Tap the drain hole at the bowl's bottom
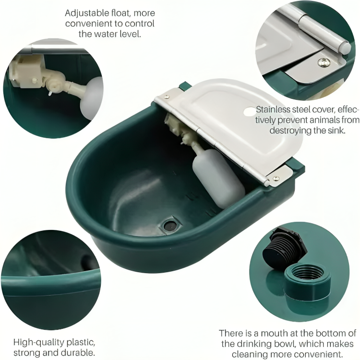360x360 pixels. [170, 226]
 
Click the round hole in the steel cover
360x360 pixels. [250, 112]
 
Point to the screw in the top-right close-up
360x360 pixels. [324, 62]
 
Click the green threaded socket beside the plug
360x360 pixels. [307, 281]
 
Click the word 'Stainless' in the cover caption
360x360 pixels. [273, 109]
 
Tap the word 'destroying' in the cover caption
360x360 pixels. [290, 131]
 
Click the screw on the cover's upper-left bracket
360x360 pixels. [167, 96]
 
